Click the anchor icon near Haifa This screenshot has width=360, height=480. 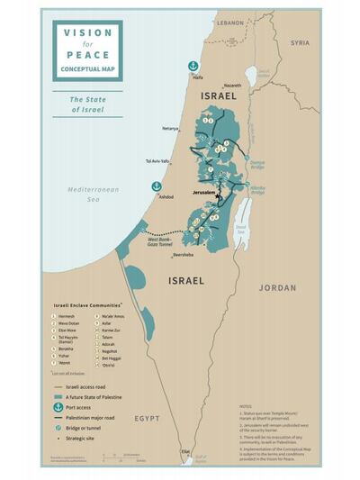[192, 66]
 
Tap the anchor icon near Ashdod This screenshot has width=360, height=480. [157, 186]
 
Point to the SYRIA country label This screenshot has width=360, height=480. [299, 42]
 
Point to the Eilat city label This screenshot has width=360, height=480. [184, 451]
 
